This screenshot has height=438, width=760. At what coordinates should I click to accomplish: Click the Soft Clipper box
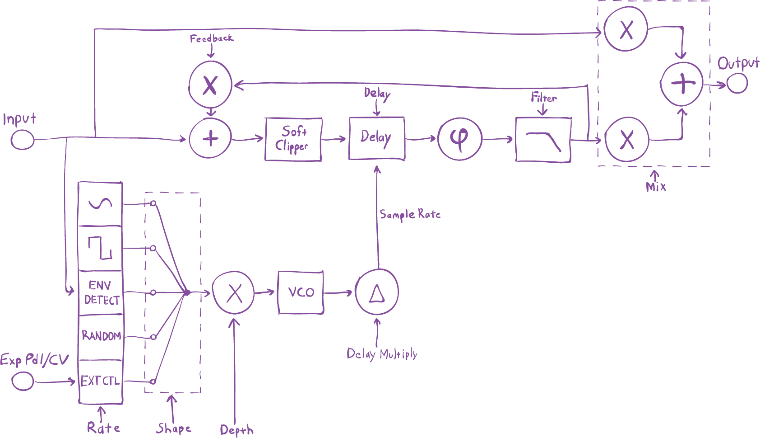293,139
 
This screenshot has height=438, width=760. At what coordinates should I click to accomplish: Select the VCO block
301,292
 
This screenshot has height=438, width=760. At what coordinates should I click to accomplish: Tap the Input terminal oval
22,140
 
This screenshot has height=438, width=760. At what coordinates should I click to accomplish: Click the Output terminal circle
737,84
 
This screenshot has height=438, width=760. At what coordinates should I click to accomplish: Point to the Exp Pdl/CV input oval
22,381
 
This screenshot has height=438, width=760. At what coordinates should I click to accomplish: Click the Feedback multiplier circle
210,85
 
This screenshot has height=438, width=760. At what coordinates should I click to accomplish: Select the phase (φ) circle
460,138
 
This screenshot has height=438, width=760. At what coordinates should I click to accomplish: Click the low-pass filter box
543,139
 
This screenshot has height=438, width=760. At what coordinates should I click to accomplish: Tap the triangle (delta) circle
377,292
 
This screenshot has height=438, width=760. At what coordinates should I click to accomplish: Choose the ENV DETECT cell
101,292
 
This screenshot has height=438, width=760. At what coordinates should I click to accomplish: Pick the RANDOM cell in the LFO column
101,336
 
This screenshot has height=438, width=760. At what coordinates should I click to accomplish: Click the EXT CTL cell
101,381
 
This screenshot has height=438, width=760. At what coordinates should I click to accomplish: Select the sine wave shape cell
100,204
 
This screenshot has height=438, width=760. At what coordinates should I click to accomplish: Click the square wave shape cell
100,248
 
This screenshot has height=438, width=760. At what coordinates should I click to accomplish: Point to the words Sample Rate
410,214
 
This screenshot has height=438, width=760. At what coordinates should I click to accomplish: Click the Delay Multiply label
382,354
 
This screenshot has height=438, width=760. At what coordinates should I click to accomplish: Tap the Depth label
236,430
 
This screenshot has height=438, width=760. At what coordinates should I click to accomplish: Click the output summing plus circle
682,84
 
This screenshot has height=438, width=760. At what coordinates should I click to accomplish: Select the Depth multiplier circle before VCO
233,292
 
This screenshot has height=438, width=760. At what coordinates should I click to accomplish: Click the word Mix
656,187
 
